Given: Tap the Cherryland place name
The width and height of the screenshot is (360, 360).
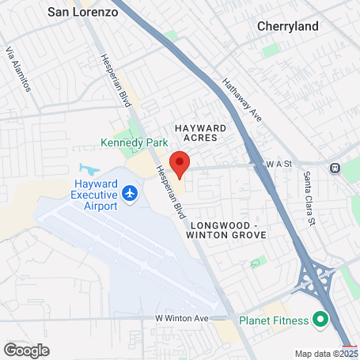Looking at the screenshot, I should click(x=288, y=26).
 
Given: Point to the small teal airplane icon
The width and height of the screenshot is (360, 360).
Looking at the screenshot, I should click(x=89, y=169).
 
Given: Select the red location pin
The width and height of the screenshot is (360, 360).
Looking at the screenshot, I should click(x=180, y=165).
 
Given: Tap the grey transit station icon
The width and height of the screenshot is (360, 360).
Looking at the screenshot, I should click(x=335, y=168).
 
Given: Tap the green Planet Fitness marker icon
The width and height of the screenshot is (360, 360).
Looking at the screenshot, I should click(x=320, y=320).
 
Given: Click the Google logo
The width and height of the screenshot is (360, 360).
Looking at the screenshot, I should click(x=26, y=350).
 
